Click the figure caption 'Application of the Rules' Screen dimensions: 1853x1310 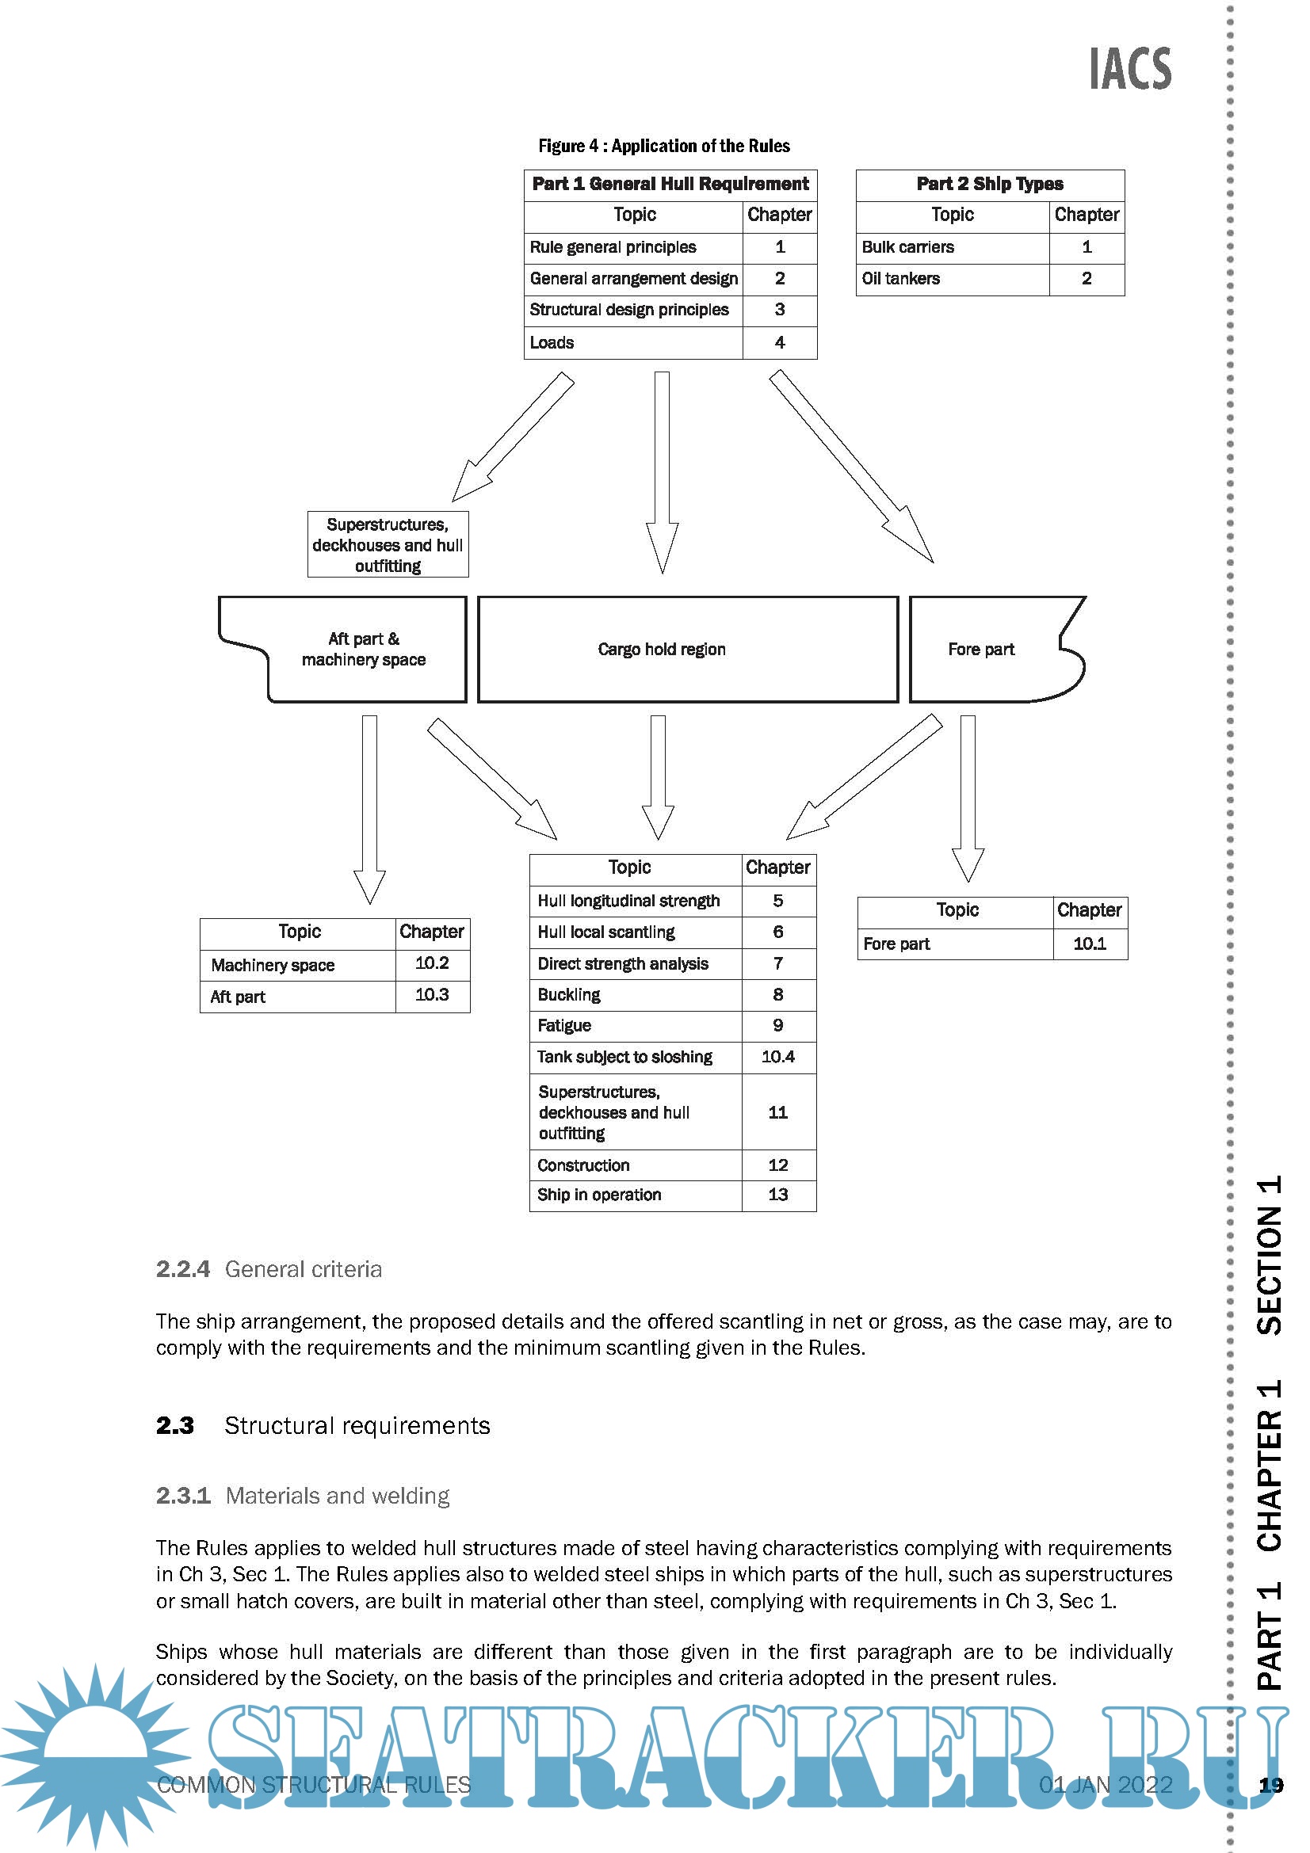click(663, 146)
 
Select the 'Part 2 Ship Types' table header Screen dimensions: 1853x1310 click(990, 184)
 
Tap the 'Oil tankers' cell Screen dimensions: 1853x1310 click(901, 279)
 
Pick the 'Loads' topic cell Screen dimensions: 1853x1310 click(552, 343)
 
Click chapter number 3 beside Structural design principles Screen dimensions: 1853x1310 click(780, 310)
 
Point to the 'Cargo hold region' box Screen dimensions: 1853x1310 click(662, 650)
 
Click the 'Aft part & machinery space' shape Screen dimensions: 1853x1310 click(363, 650)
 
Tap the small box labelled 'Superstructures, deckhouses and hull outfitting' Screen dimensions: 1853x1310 click(388, 546)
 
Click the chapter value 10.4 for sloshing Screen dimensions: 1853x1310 click(778, 1058)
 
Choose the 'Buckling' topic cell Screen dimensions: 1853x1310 click(569, 995)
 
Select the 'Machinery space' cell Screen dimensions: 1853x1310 click(273, 965)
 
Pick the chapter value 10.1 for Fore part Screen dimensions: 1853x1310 click(1090, 944)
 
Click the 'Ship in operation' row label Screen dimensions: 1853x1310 click(599, 1195)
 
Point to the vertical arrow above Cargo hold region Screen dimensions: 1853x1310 click(662, 472)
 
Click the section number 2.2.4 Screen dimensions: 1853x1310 click(183, 1269)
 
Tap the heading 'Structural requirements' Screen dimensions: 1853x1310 click(357, 1426)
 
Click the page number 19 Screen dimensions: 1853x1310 click(1271, 1785)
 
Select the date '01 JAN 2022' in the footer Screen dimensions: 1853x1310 click(1105, 1784)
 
